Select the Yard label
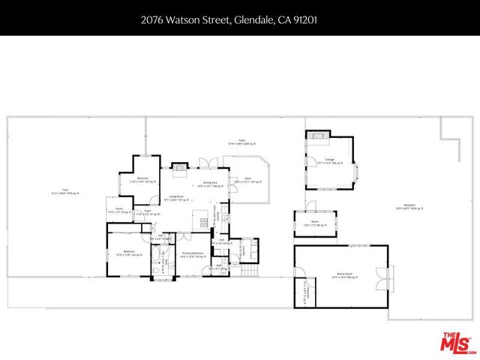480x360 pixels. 64,193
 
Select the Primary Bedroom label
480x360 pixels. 193,255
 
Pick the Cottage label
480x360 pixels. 329,160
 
